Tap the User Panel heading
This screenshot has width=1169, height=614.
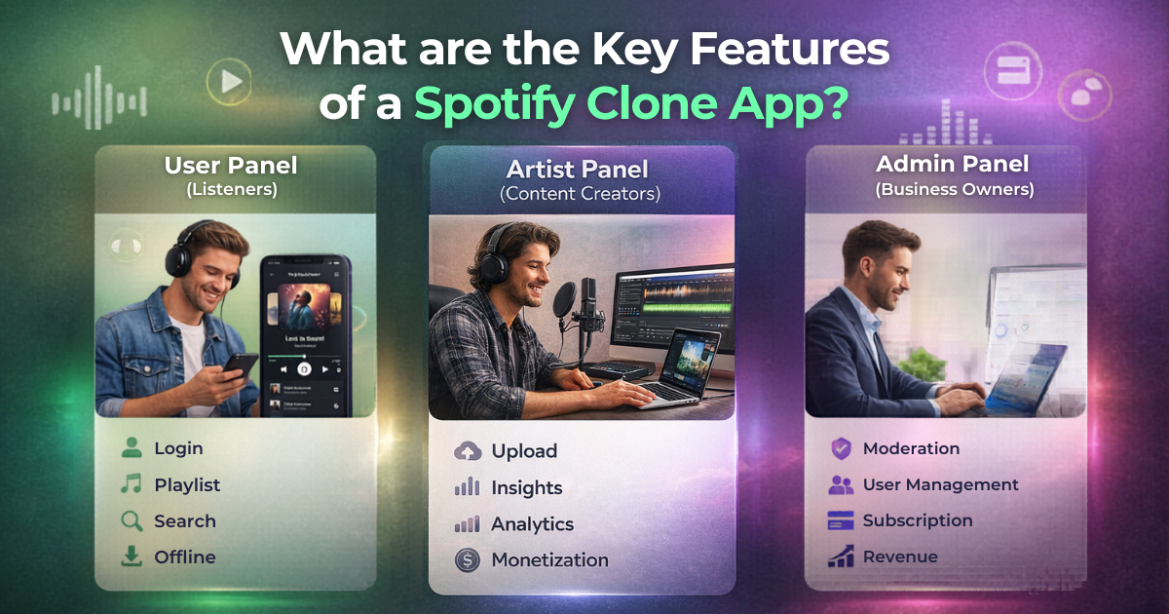click(x=231, y=166)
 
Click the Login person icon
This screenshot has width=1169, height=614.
click(x=132, y=448)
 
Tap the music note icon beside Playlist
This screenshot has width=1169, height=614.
click(x=132, y=484)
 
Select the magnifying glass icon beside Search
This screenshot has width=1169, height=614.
click(x=132, y=521)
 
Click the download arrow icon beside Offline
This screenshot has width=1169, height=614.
click(x=132, y=557)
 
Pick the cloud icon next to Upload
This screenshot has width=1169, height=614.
click(x=468, y=451)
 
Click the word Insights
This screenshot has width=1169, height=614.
click(x=526, y=487)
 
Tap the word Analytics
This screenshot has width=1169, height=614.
click(x=532, y=524)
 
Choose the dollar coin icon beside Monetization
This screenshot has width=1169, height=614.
click(x=468, y=560)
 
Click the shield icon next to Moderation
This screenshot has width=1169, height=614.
click(x=840, y=448)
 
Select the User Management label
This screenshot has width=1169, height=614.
click(x=940, y=484)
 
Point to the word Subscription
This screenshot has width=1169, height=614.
click(x=917, y=520)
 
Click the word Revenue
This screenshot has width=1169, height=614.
click(x=900, y=556)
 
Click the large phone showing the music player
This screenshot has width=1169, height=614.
click(x=308, y=331)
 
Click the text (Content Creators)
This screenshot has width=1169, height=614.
click(x=580, y=194)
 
